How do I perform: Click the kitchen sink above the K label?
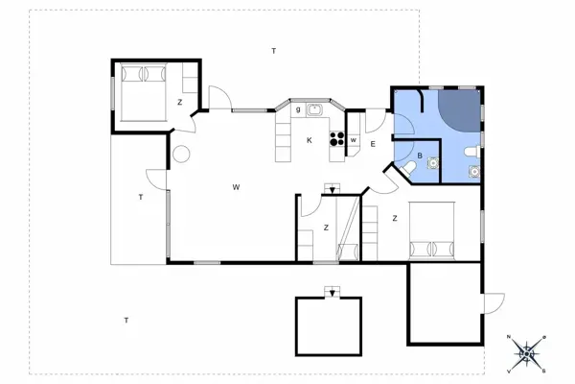(x=314, y=109)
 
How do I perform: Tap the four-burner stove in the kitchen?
(x=337, y=139)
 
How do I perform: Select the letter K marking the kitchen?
(x=310, y=140)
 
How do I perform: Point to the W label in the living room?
(x=236, y=187)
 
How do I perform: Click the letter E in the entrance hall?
(x=373, y=144)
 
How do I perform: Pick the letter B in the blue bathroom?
(x=420, y=156)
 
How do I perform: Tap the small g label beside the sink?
(x=298, y=109)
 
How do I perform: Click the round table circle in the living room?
(x=181, y=154)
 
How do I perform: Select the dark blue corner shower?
(x=459, y=109)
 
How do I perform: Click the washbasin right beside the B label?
(x=433, y=162)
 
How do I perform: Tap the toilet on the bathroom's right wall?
(x=471, y=152)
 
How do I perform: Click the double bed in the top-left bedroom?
(x=144, y=92)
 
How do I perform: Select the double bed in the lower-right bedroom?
(x=432, y=230)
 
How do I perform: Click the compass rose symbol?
(x=527, y=354)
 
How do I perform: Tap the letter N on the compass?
(x=509, y=337)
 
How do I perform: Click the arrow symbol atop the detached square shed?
(x=333, y=292)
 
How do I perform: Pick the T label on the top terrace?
(x=273, y=51)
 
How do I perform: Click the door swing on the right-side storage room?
(x=494, y=303)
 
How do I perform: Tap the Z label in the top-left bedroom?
(x=180, y=103)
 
